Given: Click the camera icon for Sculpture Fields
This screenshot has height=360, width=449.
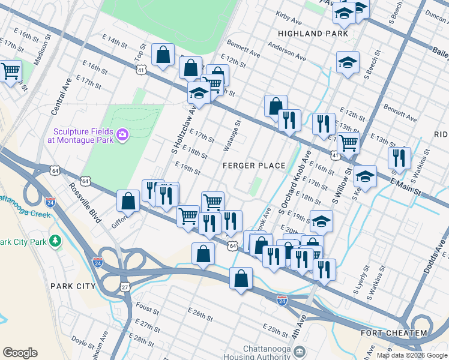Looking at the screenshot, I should (123, 135).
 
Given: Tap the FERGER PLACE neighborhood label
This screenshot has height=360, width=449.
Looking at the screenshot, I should (253, 166).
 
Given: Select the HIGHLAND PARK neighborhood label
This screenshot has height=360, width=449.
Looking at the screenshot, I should (313, 34).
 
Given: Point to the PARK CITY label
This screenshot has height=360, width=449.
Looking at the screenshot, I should (73, 286).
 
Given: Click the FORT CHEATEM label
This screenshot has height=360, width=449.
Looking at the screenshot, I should (394, 333).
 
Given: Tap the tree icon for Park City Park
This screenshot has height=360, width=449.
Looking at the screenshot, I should (55, 241).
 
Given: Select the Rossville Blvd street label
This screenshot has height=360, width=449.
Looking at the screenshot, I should (84, 203).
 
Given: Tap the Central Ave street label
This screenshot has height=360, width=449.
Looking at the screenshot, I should (62, 96).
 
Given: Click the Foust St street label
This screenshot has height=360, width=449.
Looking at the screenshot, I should (147, 309).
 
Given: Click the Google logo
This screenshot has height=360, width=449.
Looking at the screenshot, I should (20, 353).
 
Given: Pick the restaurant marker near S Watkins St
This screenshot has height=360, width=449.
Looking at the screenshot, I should (399, 158).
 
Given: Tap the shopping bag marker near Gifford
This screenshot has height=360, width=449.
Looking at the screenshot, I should (128, 201).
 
